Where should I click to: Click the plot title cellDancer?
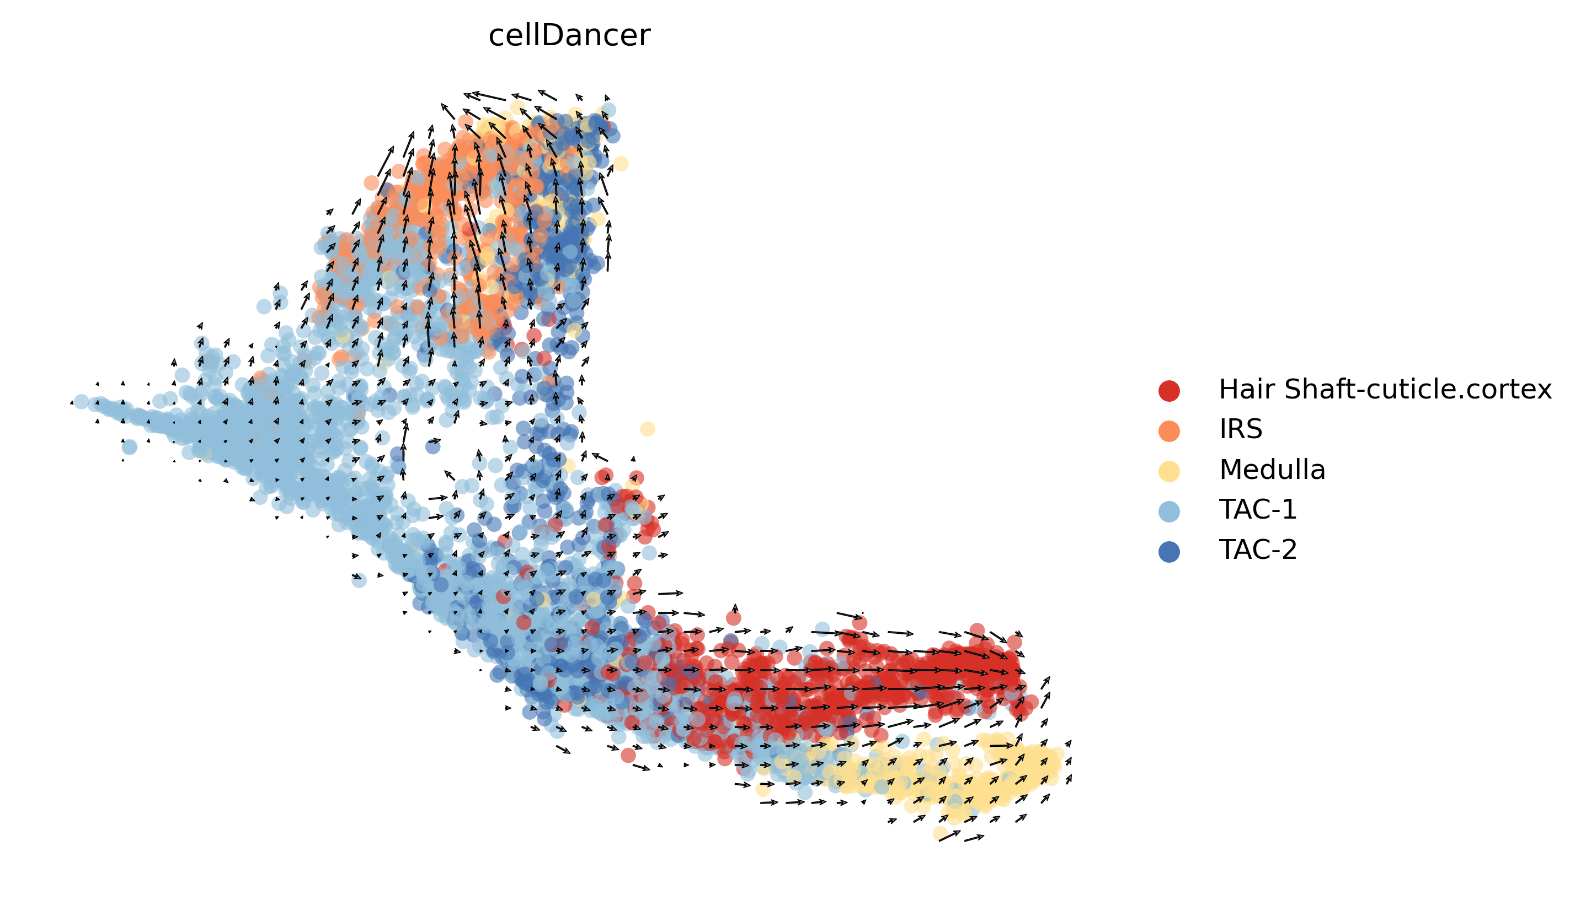click(x=569, y=35)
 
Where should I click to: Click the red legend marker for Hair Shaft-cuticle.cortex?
click(x=1168, y=391)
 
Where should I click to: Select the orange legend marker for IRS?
click(x=1168, y=431)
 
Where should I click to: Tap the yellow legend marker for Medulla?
click(x=1168, y=471)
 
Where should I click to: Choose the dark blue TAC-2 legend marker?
click(x=1168, y=551)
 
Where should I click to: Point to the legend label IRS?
click(x=1240, y=429)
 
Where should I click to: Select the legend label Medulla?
click(x=1272, y=470)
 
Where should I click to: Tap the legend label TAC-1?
click(x=1258, y=510)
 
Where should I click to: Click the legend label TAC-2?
click(x=1258, y=550)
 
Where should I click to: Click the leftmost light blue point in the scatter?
click(x=81, y=402)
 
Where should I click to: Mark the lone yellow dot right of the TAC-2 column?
click(x=647, y=429)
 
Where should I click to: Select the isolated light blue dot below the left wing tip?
click(x=129, y=446)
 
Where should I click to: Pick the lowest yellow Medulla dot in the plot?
click(x=939, y=833)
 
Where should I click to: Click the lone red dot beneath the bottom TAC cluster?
click(x=628, y=755)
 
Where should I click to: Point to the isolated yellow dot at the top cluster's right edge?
click(x=621, y=163)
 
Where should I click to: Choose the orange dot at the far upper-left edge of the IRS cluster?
click(x=371, y=182)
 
